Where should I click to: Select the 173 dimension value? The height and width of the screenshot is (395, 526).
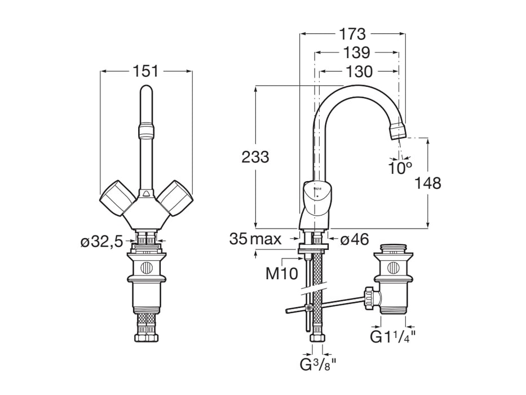(352, 34)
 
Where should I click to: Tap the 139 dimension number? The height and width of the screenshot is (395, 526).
(356, 53)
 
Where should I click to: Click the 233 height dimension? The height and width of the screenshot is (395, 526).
(255, 157)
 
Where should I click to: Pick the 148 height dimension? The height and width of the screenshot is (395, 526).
(428, 183)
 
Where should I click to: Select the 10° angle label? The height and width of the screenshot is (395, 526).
(400, 168)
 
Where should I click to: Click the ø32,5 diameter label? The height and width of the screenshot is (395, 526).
(101, 242)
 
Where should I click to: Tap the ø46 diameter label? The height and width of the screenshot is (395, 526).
(355, 239)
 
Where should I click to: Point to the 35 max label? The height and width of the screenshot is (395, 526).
(255, 239)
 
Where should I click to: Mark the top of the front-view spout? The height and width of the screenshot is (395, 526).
(146, 91)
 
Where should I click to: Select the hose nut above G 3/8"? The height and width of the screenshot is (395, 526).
(317, 339)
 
